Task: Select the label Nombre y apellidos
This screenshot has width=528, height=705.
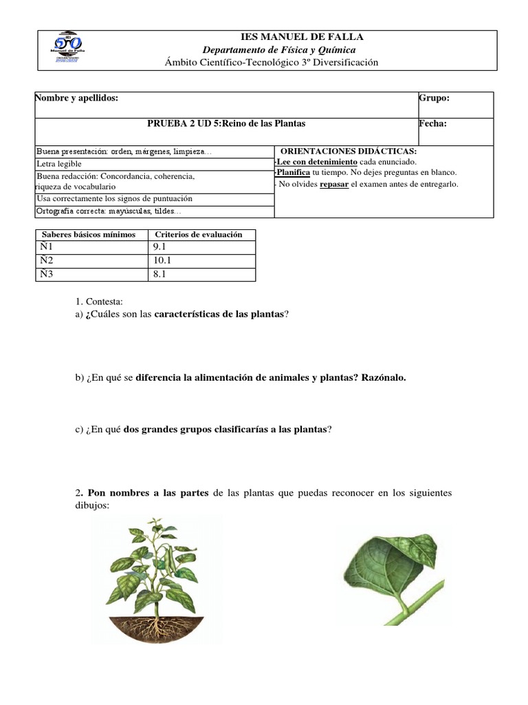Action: (x=77, y=98)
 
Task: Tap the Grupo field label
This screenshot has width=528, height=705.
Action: (x=434, y=98)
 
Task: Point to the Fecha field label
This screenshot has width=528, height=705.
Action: (x=432, y=124)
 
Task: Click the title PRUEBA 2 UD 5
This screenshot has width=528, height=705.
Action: (x=226, y=124)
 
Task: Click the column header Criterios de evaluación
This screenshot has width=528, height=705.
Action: (x=199, y=235)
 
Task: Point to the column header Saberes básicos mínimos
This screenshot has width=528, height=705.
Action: (x=89, y=235)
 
